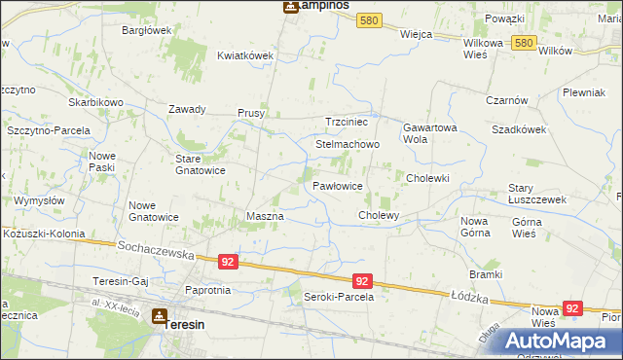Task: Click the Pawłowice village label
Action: point(338,185)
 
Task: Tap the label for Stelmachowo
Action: point(348,144)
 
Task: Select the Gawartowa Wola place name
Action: point(428,133)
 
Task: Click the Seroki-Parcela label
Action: point(339,297)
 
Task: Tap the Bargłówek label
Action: point(146,30)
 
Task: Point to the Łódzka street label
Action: point(469,294)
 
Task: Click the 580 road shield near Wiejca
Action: point(368,19)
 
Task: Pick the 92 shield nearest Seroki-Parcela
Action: point(361,280)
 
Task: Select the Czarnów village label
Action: point(506,100)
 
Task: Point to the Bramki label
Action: point(484,274)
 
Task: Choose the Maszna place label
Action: point(265,215)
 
